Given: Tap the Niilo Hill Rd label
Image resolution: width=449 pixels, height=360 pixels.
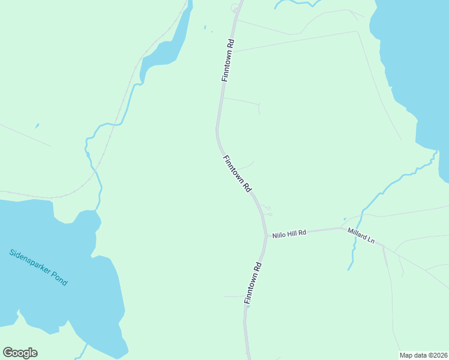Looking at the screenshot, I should point(289,233).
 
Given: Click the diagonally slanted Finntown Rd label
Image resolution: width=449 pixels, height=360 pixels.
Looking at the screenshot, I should point(237,173).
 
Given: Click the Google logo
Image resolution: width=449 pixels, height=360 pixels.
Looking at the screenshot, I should point(20,353).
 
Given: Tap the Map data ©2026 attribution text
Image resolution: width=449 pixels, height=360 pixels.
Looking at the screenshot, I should point(423,355).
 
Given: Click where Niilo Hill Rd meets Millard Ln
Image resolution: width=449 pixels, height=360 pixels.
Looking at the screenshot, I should point(343,228).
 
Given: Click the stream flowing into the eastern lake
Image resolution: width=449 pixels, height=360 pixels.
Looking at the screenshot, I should point(390,182).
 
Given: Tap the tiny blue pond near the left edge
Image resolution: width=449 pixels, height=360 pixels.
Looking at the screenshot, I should point(37,126).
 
